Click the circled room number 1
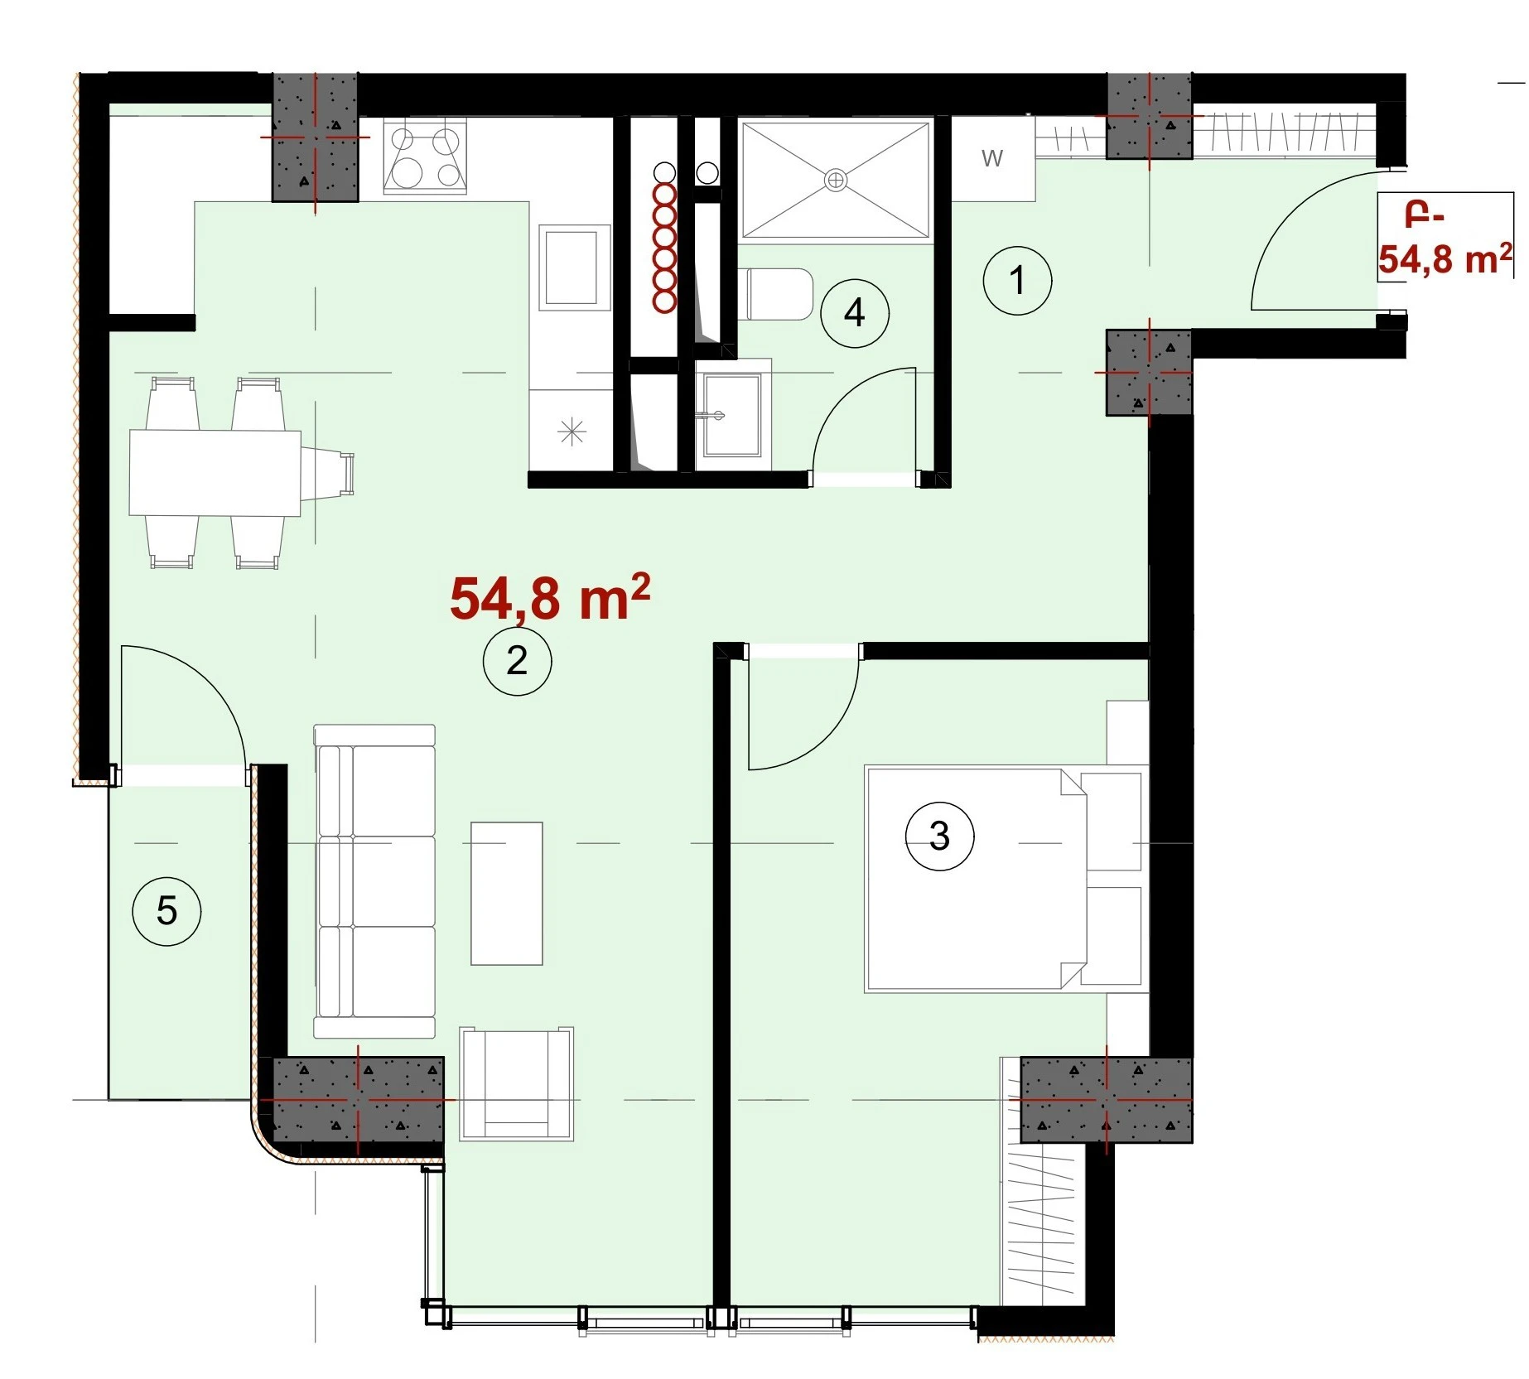coord(1017,280)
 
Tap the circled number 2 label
coord(518,660)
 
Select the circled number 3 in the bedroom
coord(939,836)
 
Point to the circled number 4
coord(855,313)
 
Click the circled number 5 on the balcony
coord(166,911)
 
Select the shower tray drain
coord(837,179)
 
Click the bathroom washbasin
coord(732,414)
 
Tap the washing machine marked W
coord(993,157)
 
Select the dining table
coord(215,473)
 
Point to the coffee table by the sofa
coord(507,894)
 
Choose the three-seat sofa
coord(374,881)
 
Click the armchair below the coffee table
coord(517,1083)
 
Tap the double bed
coord(1004,878)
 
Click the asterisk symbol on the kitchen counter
coord(572,432)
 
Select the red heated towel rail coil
coord(664,248)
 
